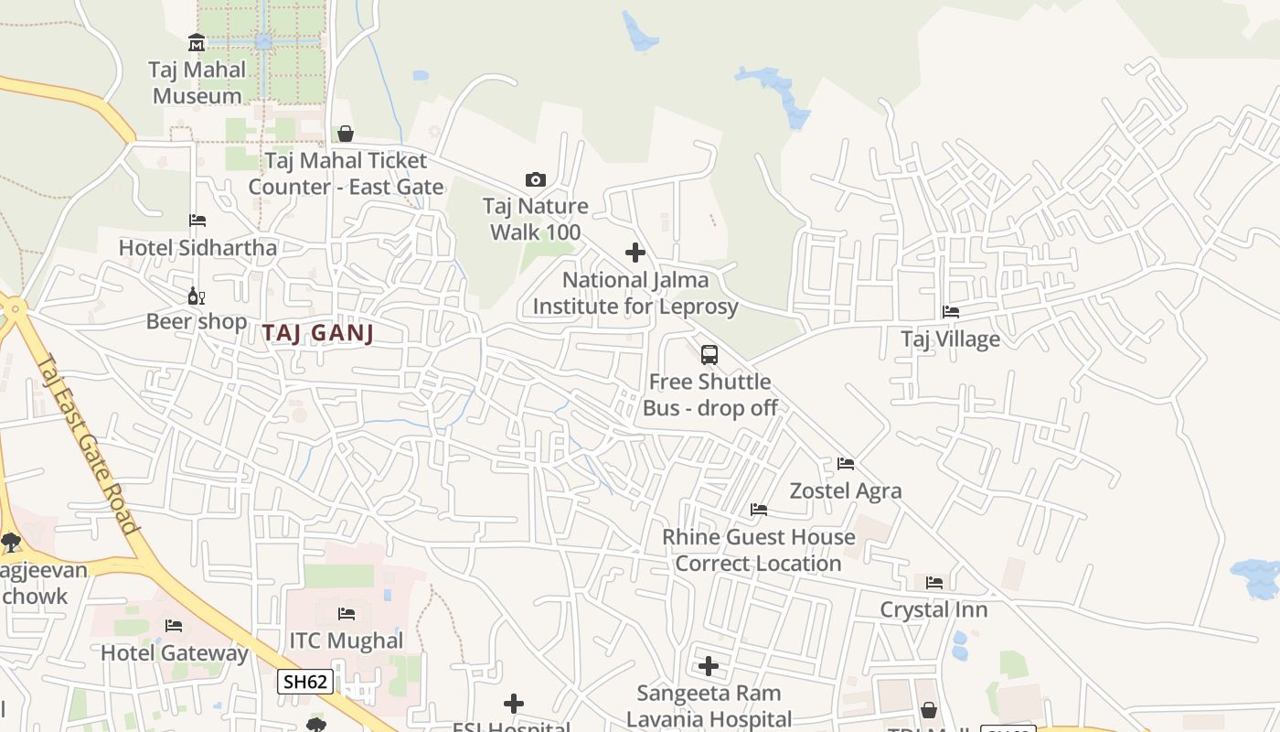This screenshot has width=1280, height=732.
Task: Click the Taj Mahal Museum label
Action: [197, 82]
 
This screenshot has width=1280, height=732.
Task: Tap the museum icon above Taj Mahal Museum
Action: [197, 42]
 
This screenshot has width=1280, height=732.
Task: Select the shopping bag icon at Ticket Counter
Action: [346, 134]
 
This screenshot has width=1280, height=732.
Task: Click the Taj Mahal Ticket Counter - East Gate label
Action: [346, 174]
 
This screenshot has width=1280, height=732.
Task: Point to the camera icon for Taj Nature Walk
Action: [536, 179]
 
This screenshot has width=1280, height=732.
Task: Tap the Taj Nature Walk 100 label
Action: [536, 219]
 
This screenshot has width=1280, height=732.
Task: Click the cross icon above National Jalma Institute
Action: [635, 253]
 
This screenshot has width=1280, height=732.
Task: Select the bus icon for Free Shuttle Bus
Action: [709, 354]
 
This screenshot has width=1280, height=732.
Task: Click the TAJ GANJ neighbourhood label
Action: [318, 333]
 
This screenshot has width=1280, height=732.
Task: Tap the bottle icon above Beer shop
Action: [195, 295]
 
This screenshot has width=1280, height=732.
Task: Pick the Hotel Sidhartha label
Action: [197, 247]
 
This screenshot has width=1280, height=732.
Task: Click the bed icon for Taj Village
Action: [951, 312]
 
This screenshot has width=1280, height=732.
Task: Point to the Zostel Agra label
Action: [846, 490]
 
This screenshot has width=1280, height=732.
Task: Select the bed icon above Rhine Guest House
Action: [759, 510]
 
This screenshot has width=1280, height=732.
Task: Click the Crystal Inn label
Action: [933, 609]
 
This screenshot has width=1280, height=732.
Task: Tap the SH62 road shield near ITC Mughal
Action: [305, 682]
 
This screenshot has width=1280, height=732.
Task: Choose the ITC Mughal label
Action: [347, 640]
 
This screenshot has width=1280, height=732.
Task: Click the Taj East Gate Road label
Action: [88, 445]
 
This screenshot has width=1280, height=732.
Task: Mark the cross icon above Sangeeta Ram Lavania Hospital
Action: [709, 666]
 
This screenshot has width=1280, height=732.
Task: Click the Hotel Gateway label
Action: [174, 653]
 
